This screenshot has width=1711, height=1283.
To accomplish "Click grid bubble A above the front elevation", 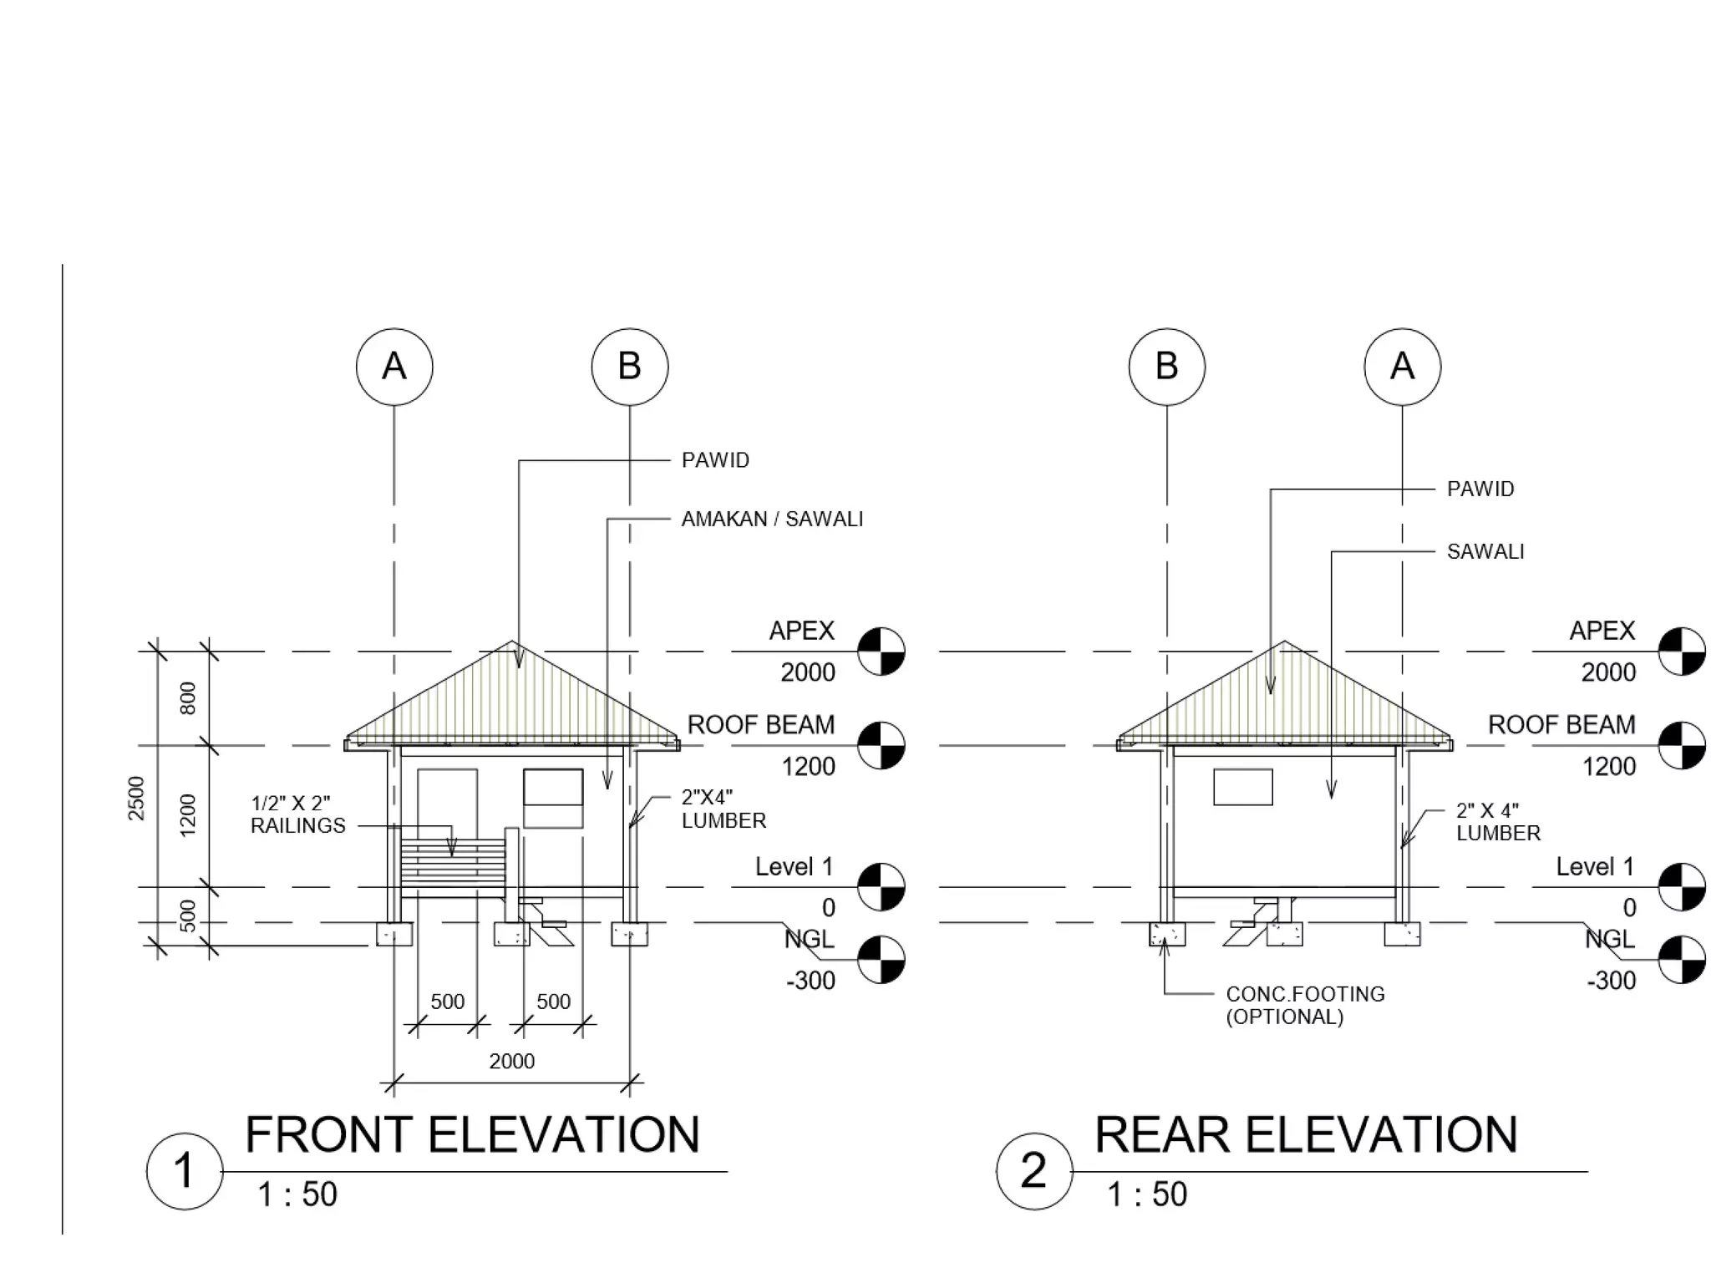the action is [394, 367].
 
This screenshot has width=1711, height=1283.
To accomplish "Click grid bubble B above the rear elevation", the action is [1166, 367].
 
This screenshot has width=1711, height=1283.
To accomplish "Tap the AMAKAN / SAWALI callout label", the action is [772, 519].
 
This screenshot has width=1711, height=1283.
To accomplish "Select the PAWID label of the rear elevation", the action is [1480, 489].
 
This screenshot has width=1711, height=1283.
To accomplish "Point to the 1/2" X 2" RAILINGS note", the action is [298, 814].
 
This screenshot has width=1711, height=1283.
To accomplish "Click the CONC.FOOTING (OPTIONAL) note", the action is [1305, 1005].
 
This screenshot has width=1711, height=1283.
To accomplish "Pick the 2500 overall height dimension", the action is [136, 798].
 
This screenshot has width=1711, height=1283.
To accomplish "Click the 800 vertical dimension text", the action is [188, 697].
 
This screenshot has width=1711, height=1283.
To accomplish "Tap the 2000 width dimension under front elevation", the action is [511, 1061].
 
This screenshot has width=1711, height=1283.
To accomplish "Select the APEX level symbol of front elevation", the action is [881, 652].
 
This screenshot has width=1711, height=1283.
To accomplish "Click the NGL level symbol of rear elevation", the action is [1681, 960].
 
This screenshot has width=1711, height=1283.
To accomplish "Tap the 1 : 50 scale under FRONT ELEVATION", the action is [297, 1194].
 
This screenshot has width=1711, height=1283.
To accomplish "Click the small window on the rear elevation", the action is [1242, 787].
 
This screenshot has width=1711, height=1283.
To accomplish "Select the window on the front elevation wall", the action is [553, 798].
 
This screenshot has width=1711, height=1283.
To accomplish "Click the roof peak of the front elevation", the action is [512, 642].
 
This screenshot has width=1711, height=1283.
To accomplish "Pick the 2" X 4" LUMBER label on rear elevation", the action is [1498, 822].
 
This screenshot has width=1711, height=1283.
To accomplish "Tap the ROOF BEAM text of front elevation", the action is [760, 724].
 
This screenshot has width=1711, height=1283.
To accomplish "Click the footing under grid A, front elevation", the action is [394, 933].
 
